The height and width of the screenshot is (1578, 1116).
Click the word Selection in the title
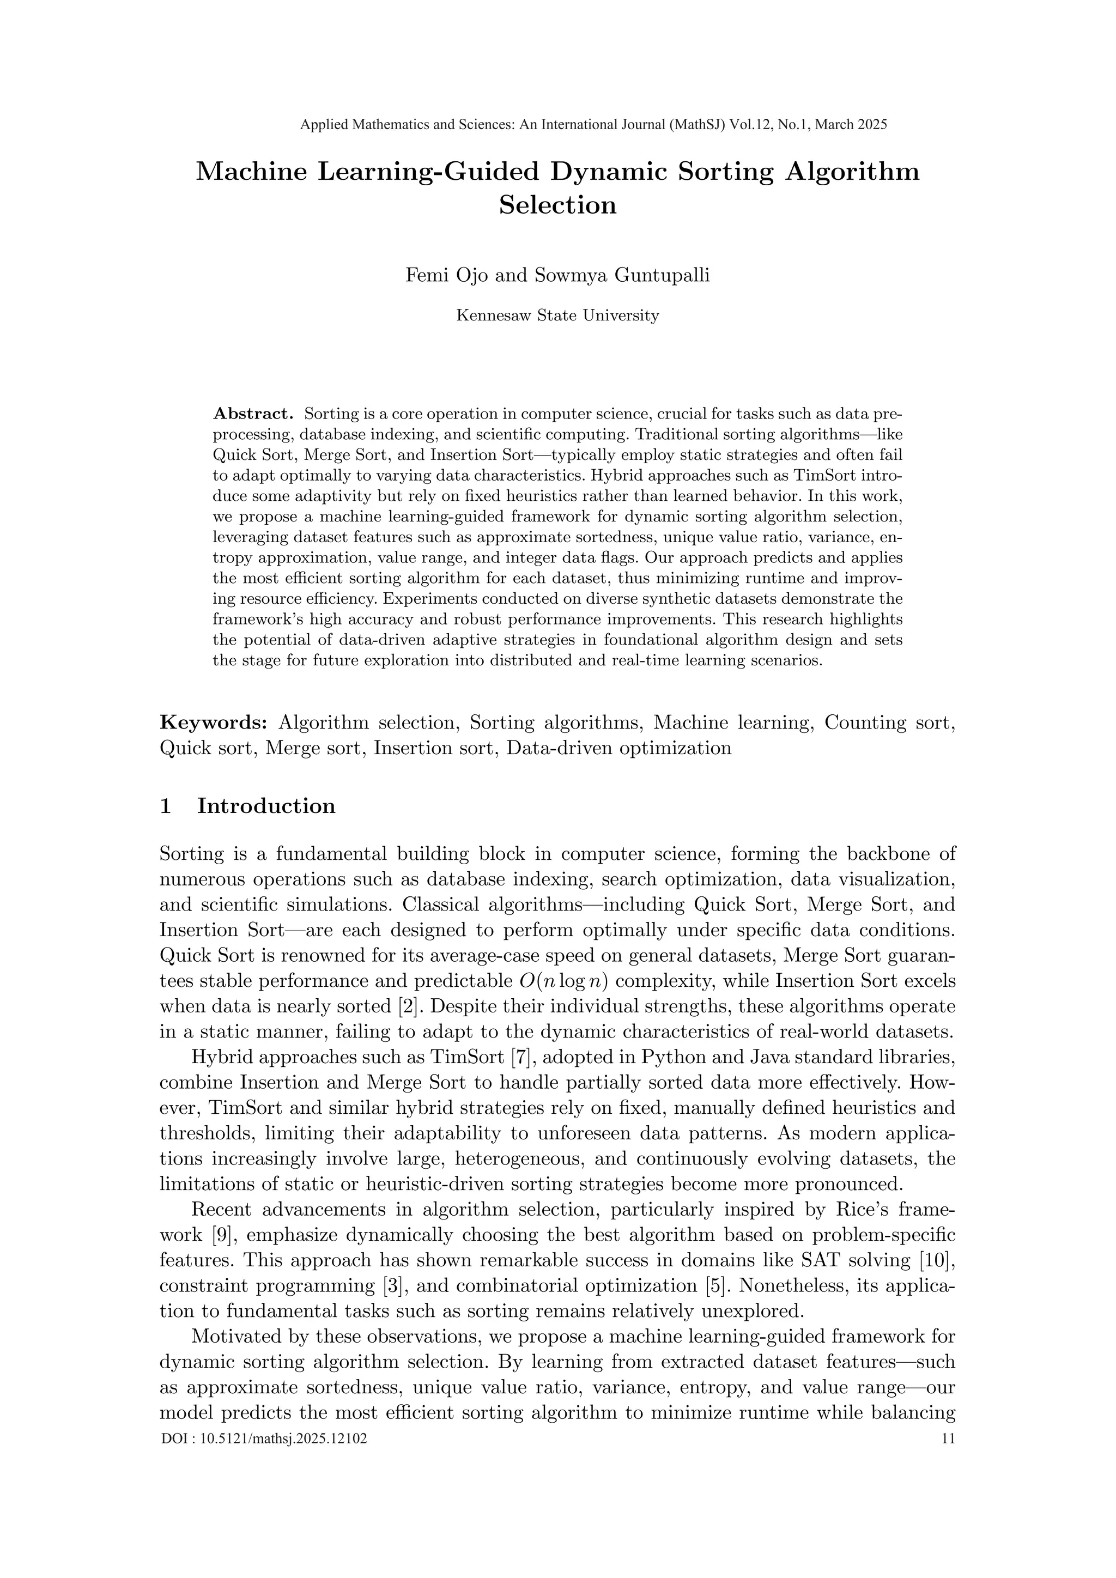point(557,205)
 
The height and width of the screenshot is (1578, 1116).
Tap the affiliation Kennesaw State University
point(557,315)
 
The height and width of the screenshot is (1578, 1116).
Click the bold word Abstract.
point(253,414)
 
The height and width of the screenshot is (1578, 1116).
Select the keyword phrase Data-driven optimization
point(618,748)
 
